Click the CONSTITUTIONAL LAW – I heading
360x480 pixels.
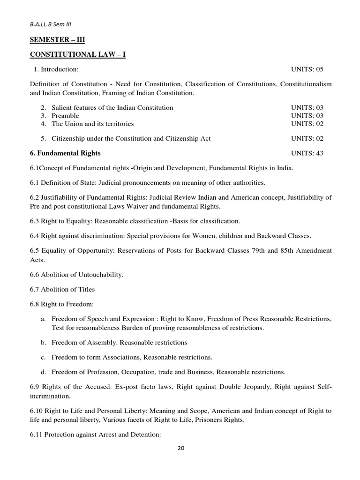coord(78,55)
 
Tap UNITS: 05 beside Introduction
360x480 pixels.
coord(307,69)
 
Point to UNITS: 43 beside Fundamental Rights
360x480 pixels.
coord(307,153)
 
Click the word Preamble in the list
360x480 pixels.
coord(65,116)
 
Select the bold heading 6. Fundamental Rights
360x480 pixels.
coord(65,153)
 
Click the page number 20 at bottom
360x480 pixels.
coord(181,448)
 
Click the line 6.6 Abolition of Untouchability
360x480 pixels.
coord(76,274)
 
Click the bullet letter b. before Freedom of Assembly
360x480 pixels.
coord(43,343)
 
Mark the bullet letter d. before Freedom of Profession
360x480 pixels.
coord(43,372)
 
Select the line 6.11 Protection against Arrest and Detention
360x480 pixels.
coord(96,435)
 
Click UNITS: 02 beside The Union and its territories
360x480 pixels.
coord(307,124)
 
